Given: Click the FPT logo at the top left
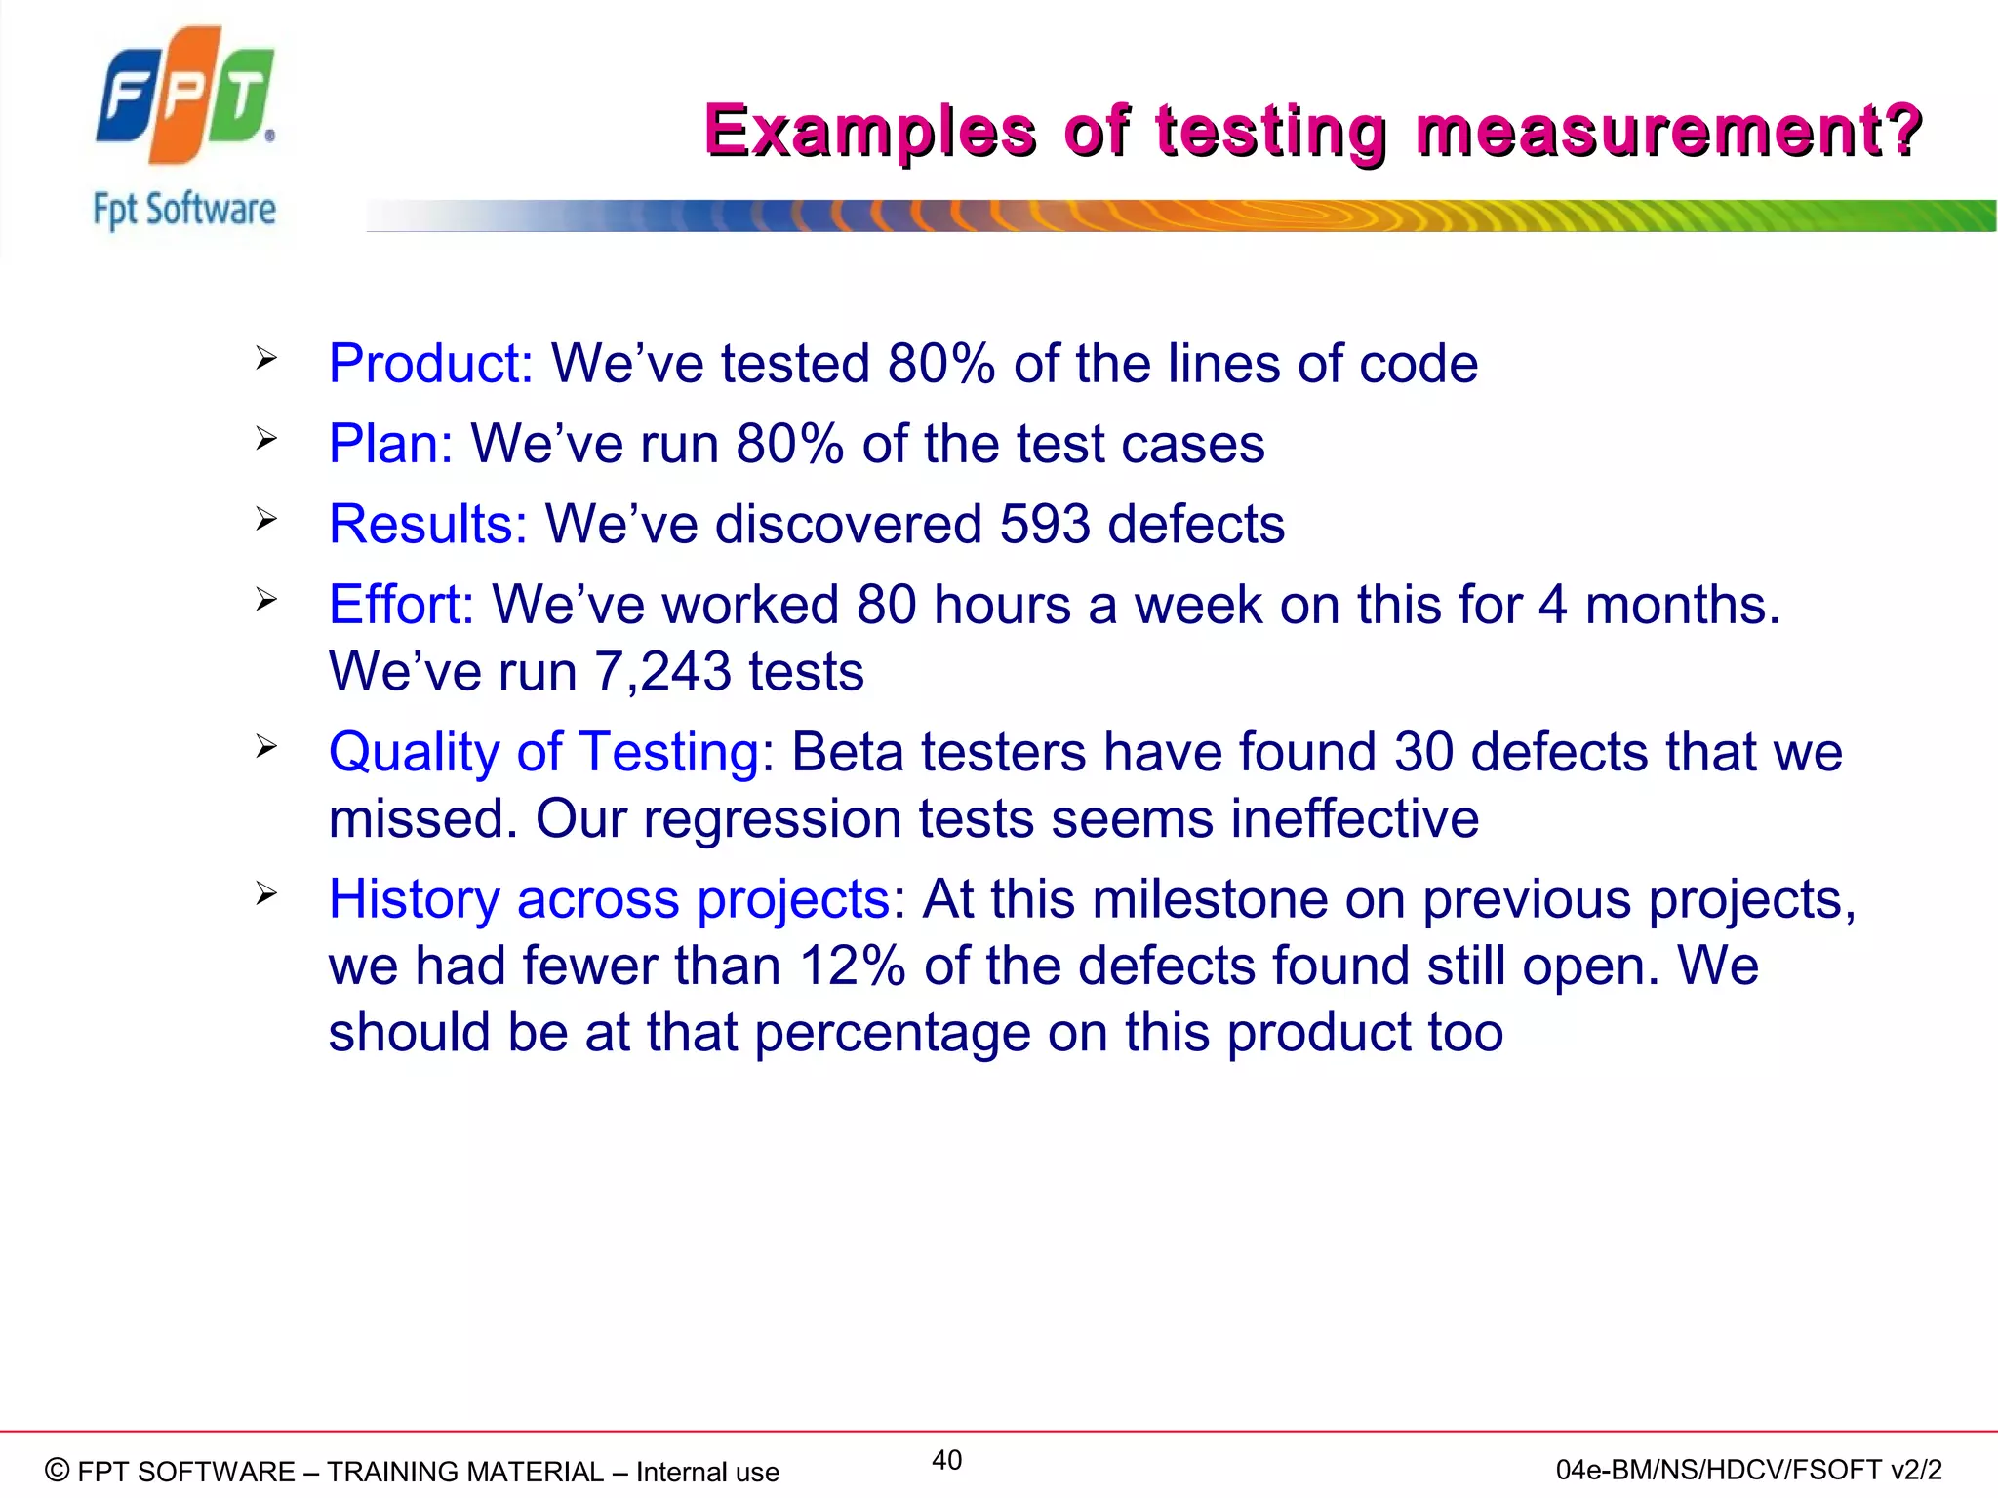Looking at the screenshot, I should click(185, 96).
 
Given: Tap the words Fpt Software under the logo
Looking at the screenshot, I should click(184, 210).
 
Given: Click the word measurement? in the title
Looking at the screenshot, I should click(1668, 131).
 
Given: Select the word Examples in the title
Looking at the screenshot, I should click(869, 131).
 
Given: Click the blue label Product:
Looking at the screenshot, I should click(430, 364).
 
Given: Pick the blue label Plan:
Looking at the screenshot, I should click(390, 444).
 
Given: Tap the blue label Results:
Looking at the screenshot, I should click(427, 524).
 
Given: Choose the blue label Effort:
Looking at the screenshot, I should click(401, 604).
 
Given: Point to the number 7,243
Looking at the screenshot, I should click(662, 671).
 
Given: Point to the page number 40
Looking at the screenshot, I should click(946, 1460).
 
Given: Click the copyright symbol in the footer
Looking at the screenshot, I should click(58, 1470).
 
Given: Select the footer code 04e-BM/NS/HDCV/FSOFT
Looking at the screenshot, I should click(1718, 1470).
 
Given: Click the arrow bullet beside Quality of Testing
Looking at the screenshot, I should click(266, 747).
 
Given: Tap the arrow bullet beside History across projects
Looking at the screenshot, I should click(266, 893).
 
